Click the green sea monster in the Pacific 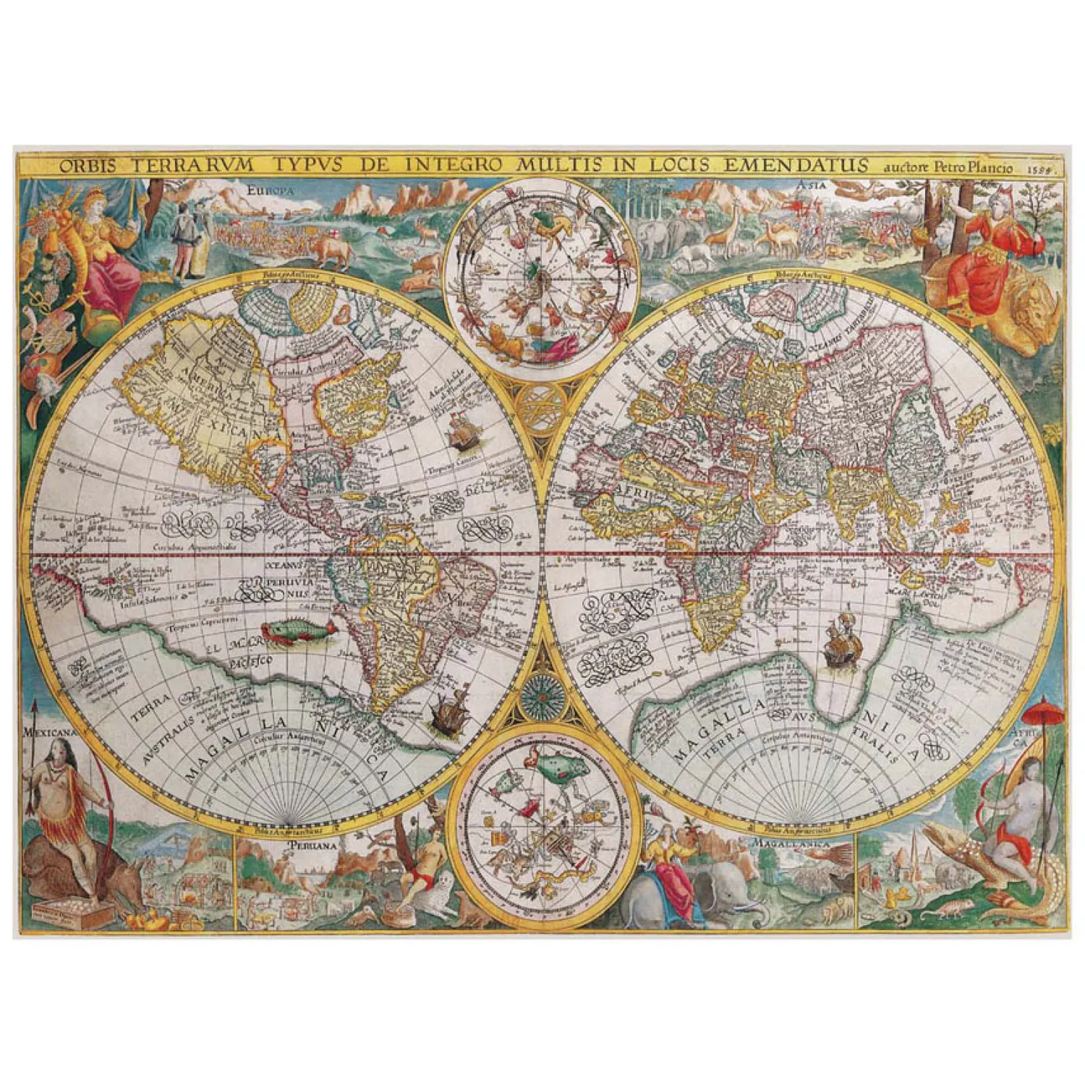coord(298,632)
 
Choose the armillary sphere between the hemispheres coord(542,411)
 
